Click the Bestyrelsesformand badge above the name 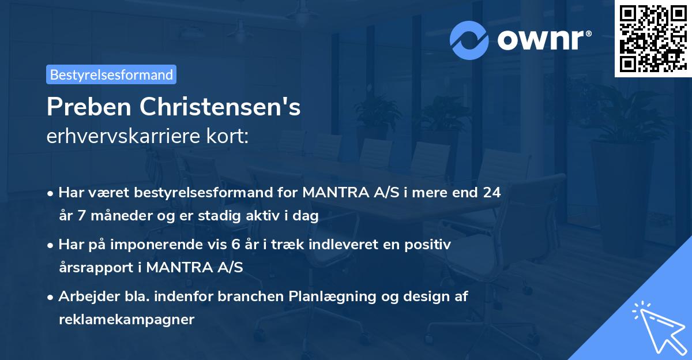(111, 74)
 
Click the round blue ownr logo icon (469, 40)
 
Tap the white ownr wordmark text (543, 40)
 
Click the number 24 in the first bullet (492, 193)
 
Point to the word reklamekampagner (127, 320)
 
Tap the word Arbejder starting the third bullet (84, 297)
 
